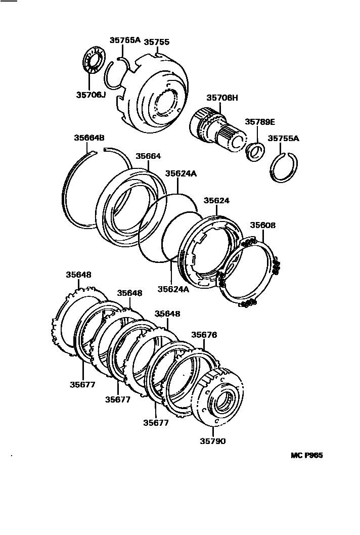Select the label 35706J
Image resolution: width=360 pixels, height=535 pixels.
91,94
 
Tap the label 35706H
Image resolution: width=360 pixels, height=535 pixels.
221,98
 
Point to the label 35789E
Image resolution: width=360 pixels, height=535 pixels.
260,122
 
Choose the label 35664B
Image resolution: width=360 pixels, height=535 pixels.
89,138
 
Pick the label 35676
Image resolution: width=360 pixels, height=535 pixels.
204,335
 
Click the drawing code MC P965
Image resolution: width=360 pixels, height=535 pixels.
306,455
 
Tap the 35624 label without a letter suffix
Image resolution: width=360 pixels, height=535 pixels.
216,200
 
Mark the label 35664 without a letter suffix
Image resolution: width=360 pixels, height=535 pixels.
148,156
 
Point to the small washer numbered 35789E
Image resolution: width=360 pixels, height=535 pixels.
255,151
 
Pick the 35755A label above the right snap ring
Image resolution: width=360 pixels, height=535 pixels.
284,138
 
